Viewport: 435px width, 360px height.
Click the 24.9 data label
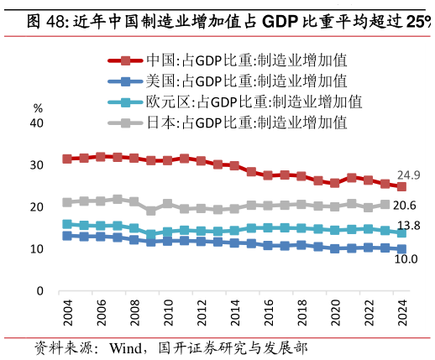(x=408, y=175)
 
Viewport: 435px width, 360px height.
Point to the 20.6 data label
(x=406, y=206)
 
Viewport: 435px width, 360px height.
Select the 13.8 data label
(x=408, y=227)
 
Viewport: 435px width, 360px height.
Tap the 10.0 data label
(x=406, y=259)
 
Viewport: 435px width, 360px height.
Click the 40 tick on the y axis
(x=36, y=123)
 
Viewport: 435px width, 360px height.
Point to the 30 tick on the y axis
(x=36, y=165)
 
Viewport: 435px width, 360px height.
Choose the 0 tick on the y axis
(x=39, y=291)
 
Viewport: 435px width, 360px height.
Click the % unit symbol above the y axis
(x=37, y=108)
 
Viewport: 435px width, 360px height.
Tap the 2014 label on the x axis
(x=234, y=314)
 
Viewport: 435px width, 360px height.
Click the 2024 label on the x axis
(x=401, y=314)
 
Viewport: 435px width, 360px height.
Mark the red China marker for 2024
(x=401, y=187)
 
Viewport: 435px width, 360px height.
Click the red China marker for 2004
(x=67, y=159)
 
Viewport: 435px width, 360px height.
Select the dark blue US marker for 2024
(x=401, y=249)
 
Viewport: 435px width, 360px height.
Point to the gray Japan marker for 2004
(x=67, y=202)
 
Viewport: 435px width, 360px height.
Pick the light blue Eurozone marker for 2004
(x=67, y=224)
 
